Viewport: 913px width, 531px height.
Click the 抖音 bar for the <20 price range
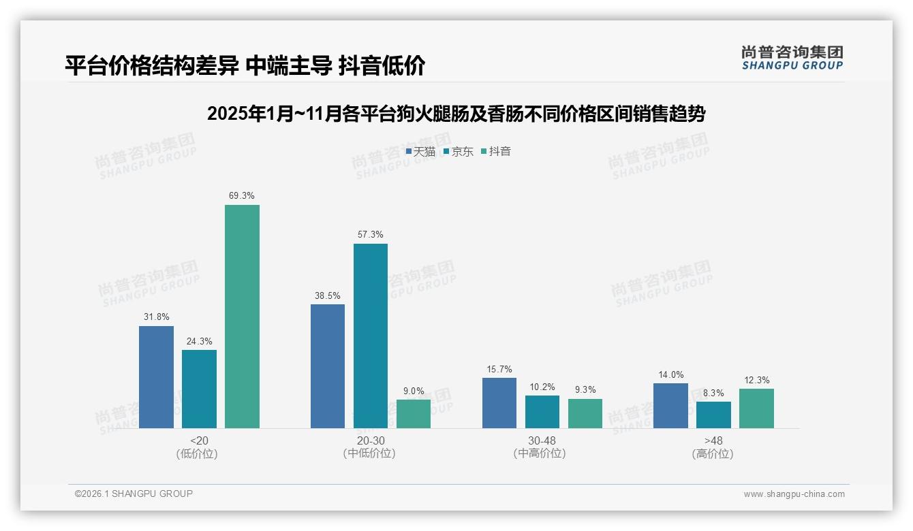[242, 317]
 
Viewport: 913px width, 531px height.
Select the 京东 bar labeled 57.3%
[371, 336]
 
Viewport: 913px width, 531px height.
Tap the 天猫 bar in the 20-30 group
[328, 366]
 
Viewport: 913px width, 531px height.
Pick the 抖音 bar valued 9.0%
[414, 414]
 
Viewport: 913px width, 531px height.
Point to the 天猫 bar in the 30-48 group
[499, 403]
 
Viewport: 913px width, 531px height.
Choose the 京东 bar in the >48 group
[713, 415]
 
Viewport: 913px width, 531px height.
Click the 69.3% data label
[242, 196]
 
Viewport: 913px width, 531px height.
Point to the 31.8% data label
[156, 317]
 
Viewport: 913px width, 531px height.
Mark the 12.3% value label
[756, 380]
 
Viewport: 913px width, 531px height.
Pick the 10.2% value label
[542, 387]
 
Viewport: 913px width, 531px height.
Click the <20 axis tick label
[199, 440]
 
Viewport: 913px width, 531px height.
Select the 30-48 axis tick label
[542, 440]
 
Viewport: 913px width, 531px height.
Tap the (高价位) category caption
[713, 453]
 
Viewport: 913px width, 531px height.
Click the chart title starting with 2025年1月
[456, 114]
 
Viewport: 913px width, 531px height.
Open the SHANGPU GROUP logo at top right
[792, 58]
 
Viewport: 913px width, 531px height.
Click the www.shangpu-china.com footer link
[794, 494]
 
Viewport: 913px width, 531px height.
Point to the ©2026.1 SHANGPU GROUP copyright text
[134, 494]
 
